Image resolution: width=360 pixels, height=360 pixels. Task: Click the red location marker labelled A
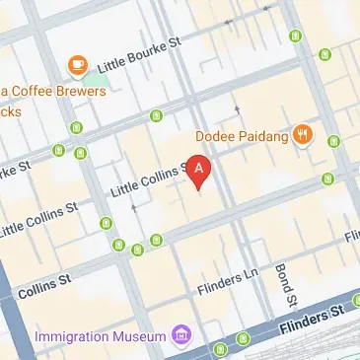coord(200,171)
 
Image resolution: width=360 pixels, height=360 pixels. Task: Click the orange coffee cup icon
coord(77,65)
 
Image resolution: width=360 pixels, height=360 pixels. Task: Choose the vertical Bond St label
coord(284,285)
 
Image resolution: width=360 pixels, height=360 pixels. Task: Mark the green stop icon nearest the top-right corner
coord(295,37)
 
